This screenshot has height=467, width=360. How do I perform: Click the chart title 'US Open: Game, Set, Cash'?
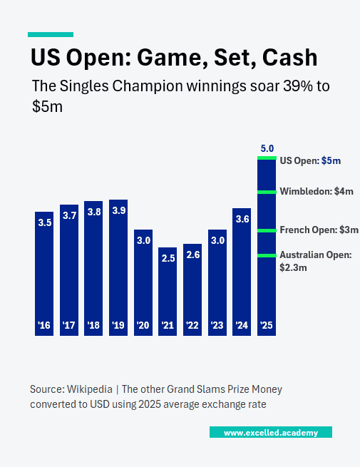pos(173,56)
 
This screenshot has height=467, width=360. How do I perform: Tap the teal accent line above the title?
pos(50,34)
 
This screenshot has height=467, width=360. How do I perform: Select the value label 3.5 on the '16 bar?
pos(44,222)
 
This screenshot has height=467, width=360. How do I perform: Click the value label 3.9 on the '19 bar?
pos(118,210)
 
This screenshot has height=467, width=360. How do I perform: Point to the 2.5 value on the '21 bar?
pos(168,258)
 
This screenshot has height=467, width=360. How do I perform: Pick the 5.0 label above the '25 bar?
pos(267,148)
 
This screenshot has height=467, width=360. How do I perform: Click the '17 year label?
pos(68,326)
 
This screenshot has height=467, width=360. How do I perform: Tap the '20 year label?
pos(143,326)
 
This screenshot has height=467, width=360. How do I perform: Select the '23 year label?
pos(217,326)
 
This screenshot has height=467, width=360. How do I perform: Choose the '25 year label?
pos(267,326)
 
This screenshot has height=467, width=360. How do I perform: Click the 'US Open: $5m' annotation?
pos(310,161)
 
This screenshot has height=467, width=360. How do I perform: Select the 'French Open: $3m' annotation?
pos(318,230)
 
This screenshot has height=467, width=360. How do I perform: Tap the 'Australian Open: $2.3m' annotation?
pos(312,261)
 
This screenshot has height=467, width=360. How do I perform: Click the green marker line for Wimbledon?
pos(267,191)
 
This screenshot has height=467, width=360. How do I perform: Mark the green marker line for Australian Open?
pos(267,255)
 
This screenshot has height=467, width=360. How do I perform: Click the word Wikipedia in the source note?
pos(91,389)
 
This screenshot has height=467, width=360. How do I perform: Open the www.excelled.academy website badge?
pos(270,433)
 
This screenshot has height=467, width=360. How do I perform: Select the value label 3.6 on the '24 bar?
pos(242,219)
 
